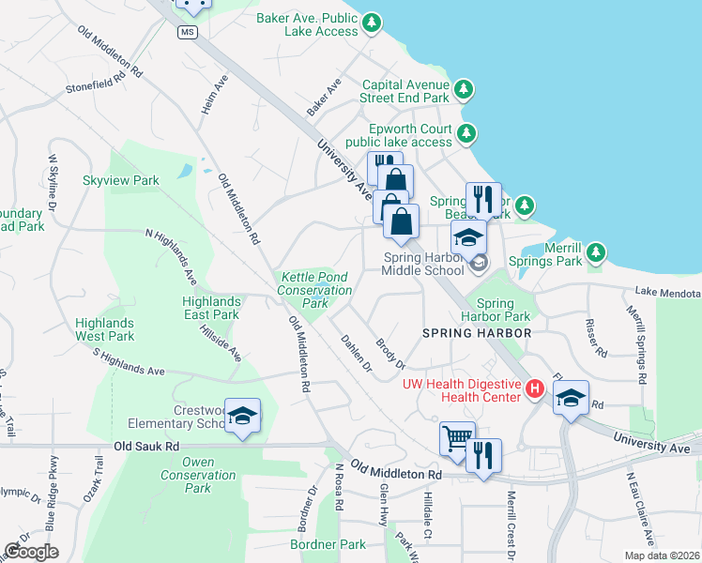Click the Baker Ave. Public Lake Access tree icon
tap(373, 22)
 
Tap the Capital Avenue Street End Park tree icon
tap(463, 90)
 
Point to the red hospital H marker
tap(535, 388)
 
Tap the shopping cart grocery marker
tap(456, 438)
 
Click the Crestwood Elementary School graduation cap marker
tap(242, 416)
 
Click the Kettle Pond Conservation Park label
tap(313, 290)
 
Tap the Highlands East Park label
tap(212, 308)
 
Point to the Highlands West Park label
tap(105, 329)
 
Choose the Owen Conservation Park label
tap(197, 475)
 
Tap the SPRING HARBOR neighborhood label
tap(477, 333)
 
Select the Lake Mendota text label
tap(667, 294)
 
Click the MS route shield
tap(189, 32)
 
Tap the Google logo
tap(31, 552)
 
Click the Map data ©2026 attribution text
tap(661, 555)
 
